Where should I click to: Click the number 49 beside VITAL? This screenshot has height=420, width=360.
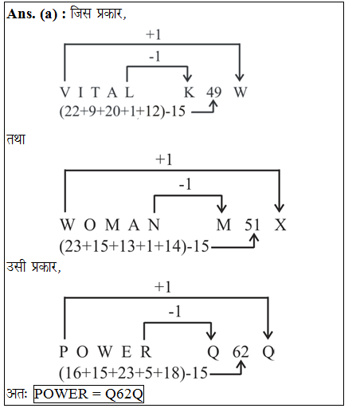tap(214, 92)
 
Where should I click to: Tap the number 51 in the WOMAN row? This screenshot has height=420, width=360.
tap(252, 225)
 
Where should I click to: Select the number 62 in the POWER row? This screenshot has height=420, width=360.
tap(241, 351)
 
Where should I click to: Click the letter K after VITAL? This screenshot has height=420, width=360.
tap(189, 92)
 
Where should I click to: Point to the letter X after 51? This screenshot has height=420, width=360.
tap(280, 225)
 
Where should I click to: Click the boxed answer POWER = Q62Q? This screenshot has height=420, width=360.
tap(88, 394)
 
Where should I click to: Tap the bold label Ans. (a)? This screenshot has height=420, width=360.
tap(32, 14)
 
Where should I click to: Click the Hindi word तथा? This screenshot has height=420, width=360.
tap(16, 139)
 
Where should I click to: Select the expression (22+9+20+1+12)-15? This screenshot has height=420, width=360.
tap(122, 111)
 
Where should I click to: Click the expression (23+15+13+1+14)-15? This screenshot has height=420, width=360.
tap(134, 246)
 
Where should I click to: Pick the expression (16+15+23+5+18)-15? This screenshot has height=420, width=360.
tap(133, 373)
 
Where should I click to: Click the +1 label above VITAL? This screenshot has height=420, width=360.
tap(154, 34)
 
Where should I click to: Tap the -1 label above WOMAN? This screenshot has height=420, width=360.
tap(186, 184)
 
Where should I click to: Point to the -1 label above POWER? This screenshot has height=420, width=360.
tap(174, 312)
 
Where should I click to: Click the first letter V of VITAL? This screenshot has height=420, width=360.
tap(65, 92)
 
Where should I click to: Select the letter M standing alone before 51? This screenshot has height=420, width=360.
tap(224, 225)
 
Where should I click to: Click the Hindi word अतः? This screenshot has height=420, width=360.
tap(17, 394)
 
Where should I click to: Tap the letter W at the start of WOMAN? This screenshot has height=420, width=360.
tap(67, 225)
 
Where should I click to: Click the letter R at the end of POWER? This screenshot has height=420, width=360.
tap(146, 351)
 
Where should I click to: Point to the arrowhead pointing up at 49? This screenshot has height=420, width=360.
tap(213, 102)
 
